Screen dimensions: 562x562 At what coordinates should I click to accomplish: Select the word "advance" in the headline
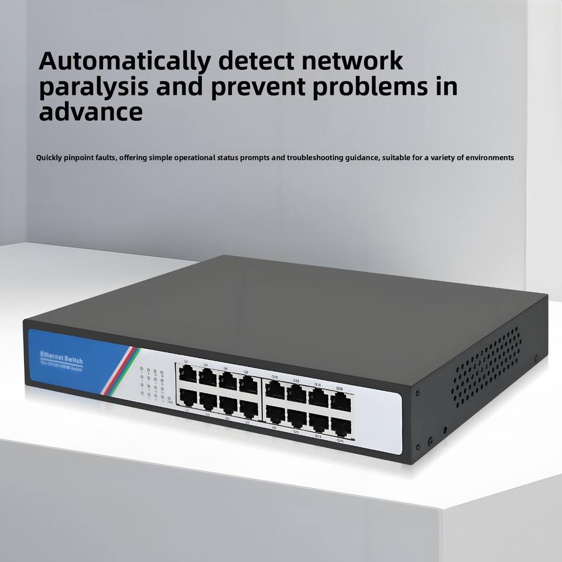[x=91, y=111]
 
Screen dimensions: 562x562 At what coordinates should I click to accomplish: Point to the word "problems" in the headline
[x=351, y=87]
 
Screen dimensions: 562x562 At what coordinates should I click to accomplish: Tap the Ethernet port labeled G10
[x=275, y=389]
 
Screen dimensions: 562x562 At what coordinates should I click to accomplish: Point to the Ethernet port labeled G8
[x=248, y=385]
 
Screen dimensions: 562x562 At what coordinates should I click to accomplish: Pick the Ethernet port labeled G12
[x=297, y=393]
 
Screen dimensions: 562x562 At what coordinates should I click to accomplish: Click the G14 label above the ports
[x=318, y=385]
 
